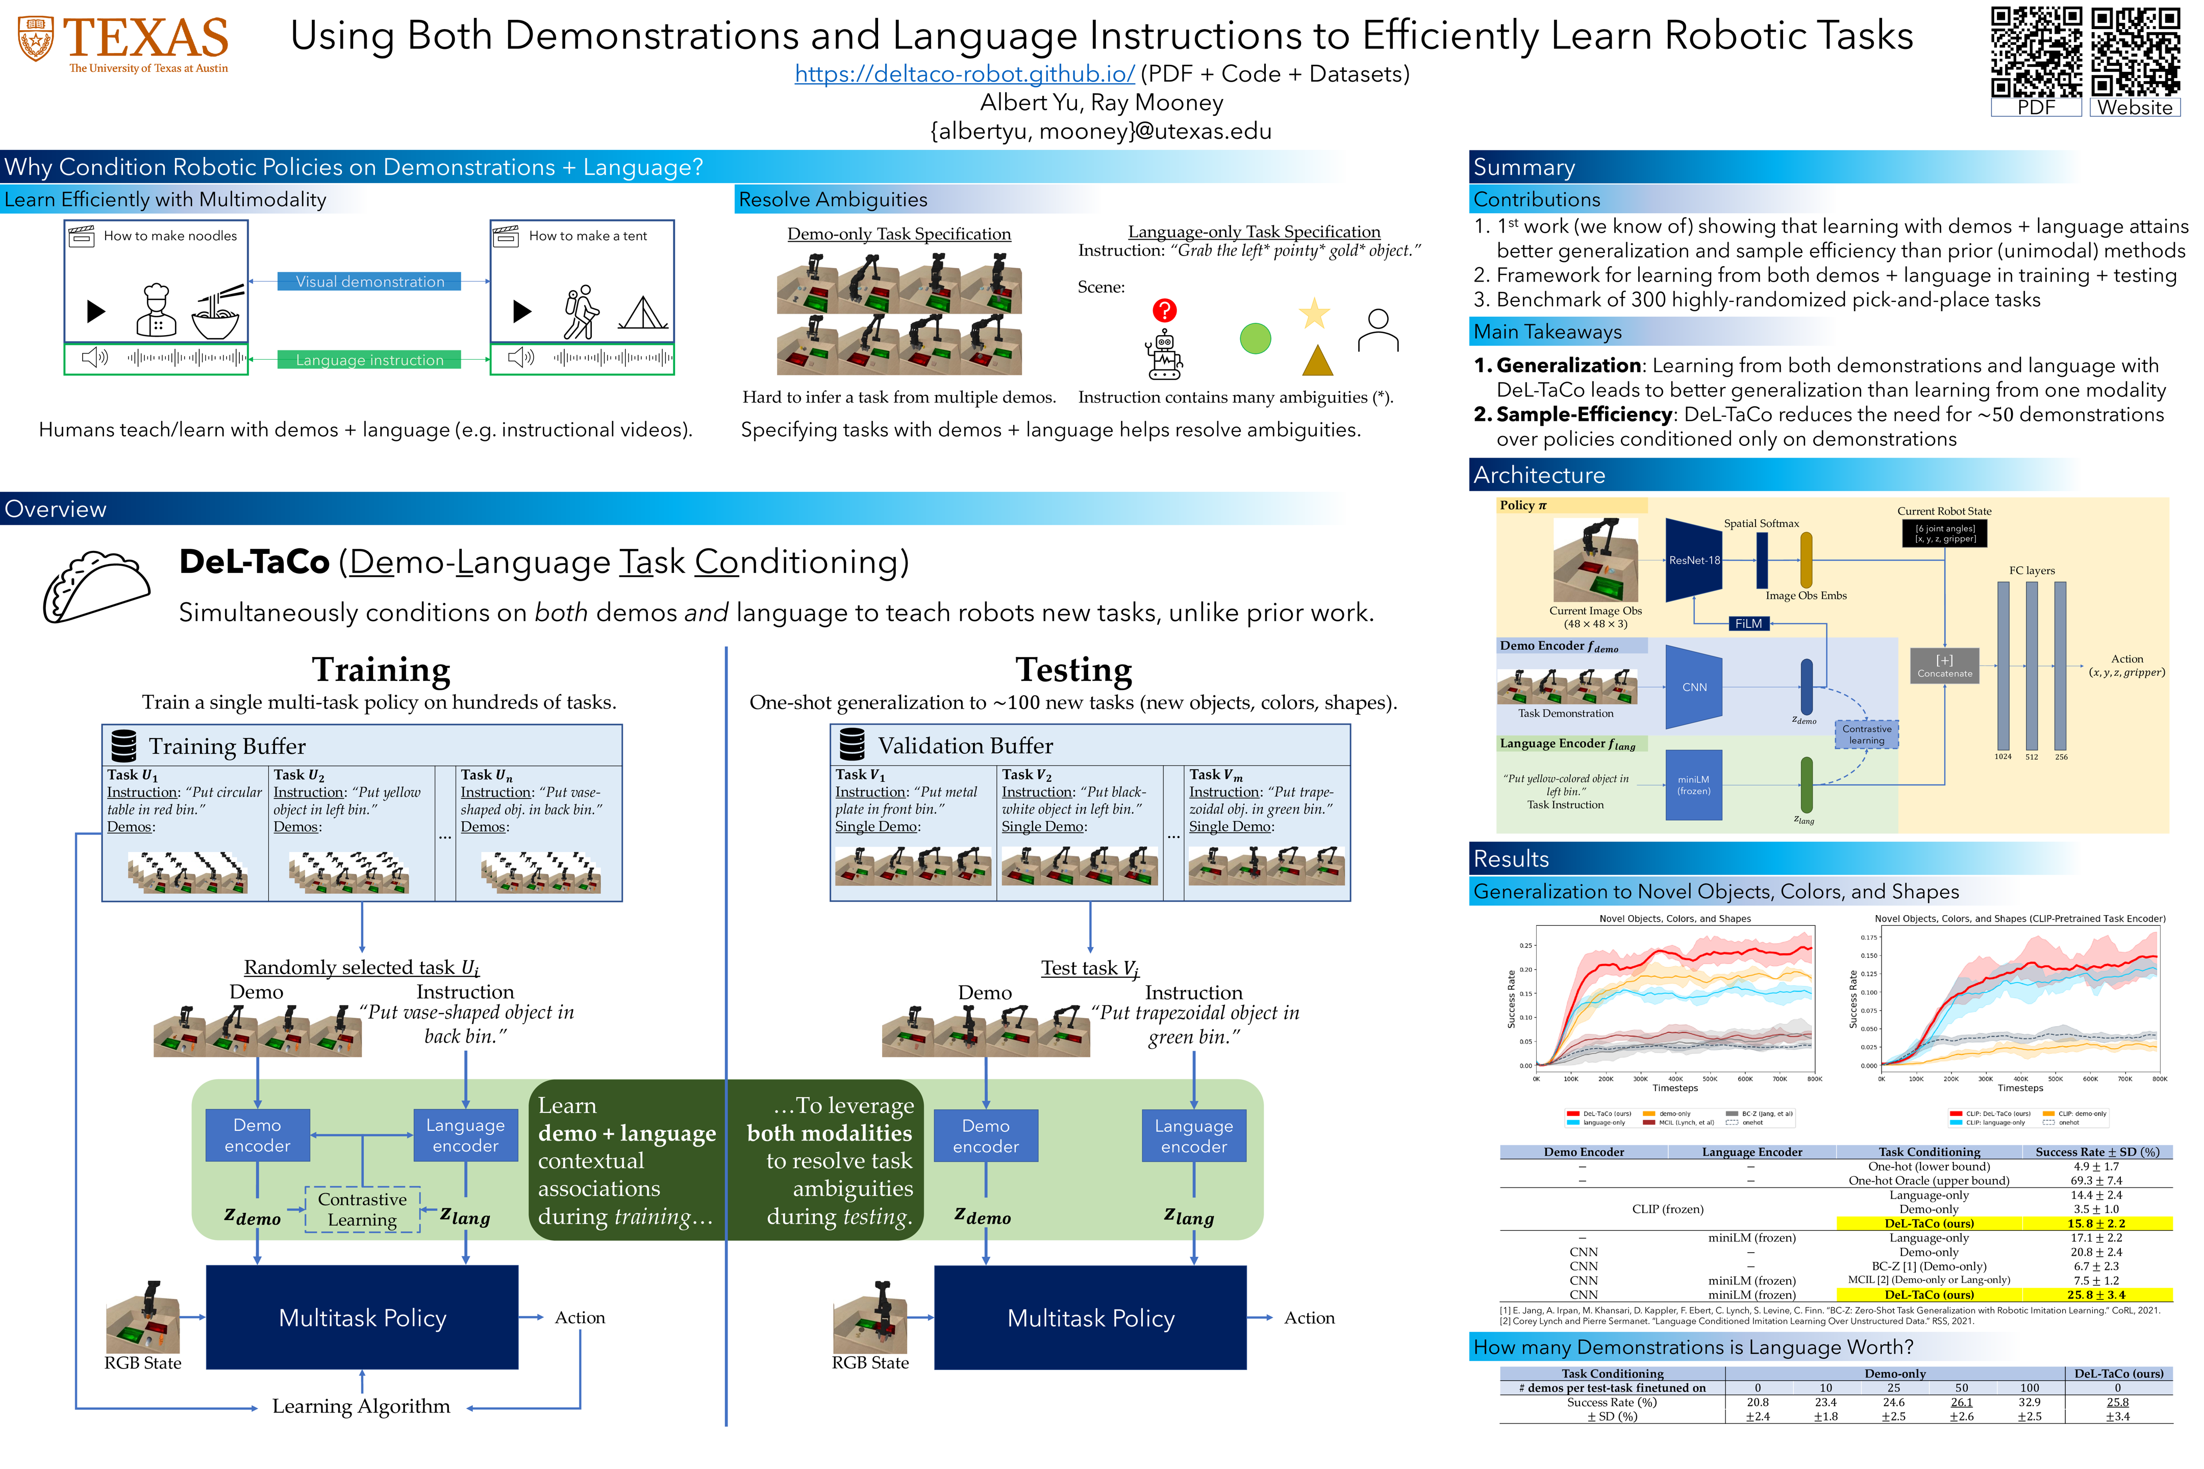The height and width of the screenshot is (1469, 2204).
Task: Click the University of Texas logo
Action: (x=123, y=42)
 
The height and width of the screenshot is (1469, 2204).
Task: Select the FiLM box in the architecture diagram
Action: (x=1748, y=623)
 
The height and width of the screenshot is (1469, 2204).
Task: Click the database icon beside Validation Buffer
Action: (x=852, y=745)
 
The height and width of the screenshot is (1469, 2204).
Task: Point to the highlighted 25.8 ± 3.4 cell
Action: (x=2095, y=1295)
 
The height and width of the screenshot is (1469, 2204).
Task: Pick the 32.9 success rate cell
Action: (x=2029, y=1403)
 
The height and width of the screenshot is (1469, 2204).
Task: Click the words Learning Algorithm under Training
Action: (x=361, y=1406)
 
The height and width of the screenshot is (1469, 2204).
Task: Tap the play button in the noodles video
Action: (x=95, y=311)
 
